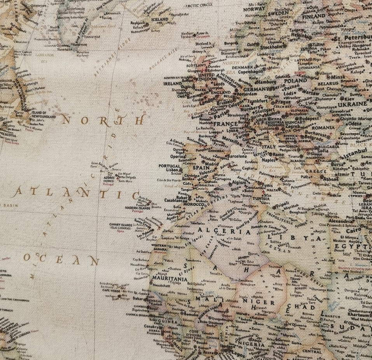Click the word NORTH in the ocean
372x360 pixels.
pos(103,120)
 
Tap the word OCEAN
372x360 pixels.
pos(61,259)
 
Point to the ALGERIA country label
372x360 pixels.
pos(213,230)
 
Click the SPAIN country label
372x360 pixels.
pos(201,168)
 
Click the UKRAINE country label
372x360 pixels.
pos(352,104)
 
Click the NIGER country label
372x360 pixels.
pos(264,302)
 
